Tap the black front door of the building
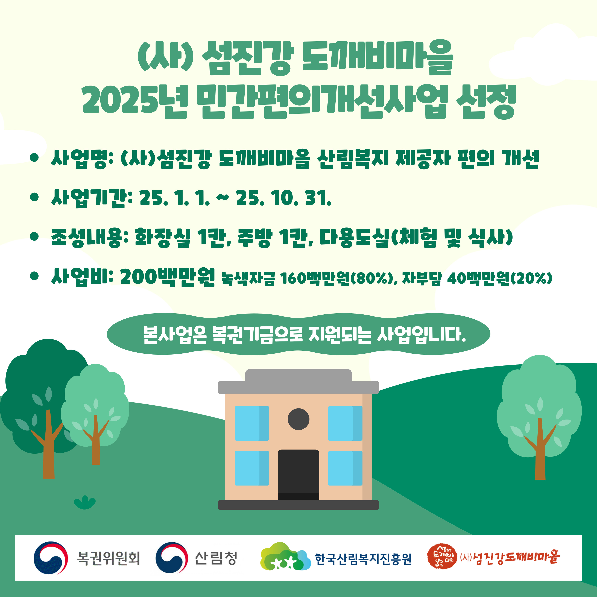pos(298,475)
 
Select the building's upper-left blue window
pos(252,423)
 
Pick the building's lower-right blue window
pos(345,468)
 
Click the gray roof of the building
pos(298,382)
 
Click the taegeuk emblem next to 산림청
pos(171,558)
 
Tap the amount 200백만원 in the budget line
pos(168,277)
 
